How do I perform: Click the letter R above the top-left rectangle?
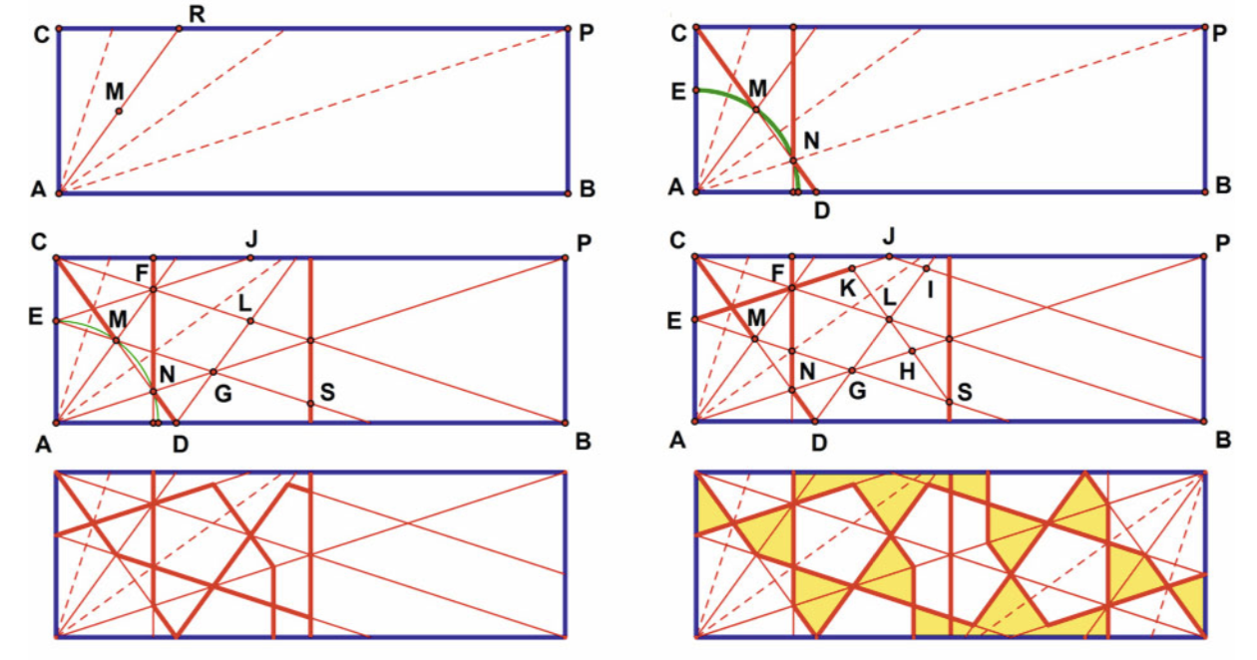[197, 14]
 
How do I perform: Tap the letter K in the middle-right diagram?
[847, 288]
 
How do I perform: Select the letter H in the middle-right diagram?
[907, 371]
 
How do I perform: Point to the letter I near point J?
[931, 290]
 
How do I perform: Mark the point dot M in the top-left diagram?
[119, 111]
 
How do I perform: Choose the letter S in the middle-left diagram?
[327, 392]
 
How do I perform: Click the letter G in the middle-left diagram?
[222, 394]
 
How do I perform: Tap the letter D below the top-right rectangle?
[822, 210]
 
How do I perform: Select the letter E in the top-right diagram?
[678, 91]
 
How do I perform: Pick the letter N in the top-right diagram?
[811, 141]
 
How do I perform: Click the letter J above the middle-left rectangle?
[250, 239]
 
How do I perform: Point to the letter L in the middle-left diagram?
[244, 303]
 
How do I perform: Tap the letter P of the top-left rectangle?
[586, 33]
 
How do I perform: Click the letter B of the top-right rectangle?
[1223, 185]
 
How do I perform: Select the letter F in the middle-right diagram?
[777, 273]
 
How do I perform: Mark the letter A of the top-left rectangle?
[38, 189]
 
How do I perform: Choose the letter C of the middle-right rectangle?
[677, 240]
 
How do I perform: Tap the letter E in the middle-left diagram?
[35, 317]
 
